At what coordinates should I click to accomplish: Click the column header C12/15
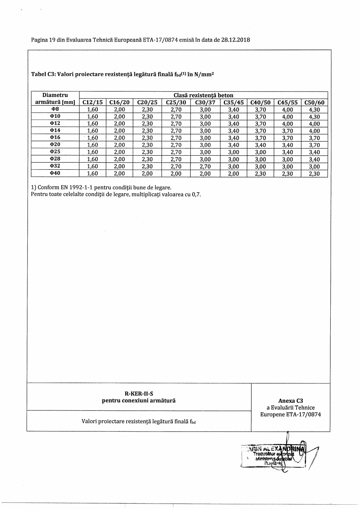(x=93, y=103)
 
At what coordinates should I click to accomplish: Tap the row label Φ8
(x=55, y=110)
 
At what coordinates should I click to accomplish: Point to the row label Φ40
(x=55, y=173)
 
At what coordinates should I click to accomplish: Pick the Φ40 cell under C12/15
(x=93, y=173)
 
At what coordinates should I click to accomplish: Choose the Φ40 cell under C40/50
(x=260, y=173)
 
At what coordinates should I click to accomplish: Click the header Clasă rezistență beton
(x=203, y=95)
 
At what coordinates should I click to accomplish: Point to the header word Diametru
(x=55, y=95)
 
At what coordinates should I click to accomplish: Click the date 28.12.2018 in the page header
(x=236, y=40)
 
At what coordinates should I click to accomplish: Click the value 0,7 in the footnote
(x=196, y=194)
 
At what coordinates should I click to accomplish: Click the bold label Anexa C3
(x=290, y=401)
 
